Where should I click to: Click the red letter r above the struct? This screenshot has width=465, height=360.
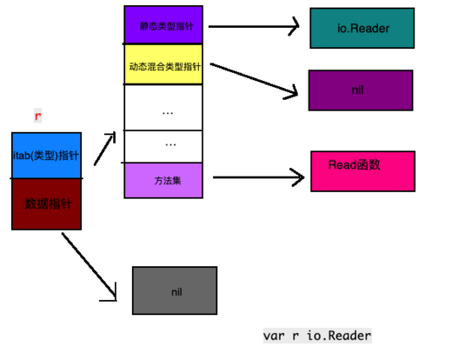point(37,115)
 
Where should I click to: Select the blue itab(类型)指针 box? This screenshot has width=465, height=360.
point(46,155)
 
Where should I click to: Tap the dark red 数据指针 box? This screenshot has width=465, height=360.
point(46,204)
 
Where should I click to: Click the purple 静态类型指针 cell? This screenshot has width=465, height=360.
point(163,25)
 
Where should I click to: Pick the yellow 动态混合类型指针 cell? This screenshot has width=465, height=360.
point(163,64)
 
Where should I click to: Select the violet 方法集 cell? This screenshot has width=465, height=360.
point(163,180)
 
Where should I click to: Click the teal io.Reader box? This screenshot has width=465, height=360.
point(362,28)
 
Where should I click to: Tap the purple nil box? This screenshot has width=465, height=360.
point(360,90)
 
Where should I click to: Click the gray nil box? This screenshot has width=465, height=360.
point(175,291)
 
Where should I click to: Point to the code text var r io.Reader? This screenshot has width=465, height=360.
point(317,335)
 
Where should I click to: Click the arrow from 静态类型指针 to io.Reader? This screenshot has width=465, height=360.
point(254,26)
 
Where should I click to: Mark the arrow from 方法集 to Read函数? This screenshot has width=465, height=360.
point(258,177)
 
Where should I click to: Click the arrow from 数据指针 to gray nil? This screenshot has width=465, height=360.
point(90,266)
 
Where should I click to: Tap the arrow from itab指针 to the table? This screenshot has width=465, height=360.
point(105,150)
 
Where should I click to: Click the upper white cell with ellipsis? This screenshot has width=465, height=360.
point(163,108)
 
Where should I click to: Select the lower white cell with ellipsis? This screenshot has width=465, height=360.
point(163,145)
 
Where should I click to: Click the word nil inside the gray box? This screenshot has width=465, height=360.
point(177,292)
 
